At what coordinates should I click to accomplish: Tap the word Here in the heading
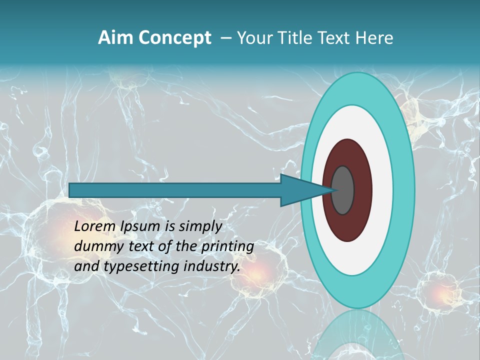pos(374,37)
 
